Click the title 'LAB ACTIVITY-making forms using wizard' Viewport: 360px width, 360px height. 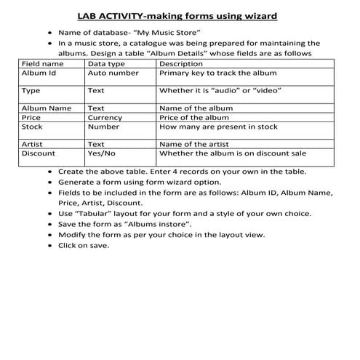click(180, 15)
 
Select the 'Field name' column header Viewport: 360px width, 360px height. click(42, 64)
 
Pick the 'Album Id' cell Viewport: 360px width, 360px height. click(39, 73)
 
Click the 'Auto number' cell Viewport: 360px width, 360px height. click(113, 73)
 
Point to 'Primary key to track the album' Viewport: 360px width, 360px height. click(219, 73)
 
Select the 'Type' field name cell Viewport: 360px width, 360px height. click(31, 91)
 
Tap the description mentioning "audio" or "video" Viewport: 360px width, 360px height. click(220, 91)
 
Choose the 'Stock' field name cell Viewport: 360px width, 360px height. click(33, 127)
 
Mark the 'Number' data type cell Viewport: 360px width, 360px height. click(103, 127)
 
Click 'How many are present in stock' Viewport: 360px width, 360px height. click(218, 127)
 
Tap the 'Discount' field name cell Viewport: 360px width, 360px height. click(39, 153)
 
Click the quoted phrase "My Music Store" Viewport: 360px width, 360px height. click(174, 33)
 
